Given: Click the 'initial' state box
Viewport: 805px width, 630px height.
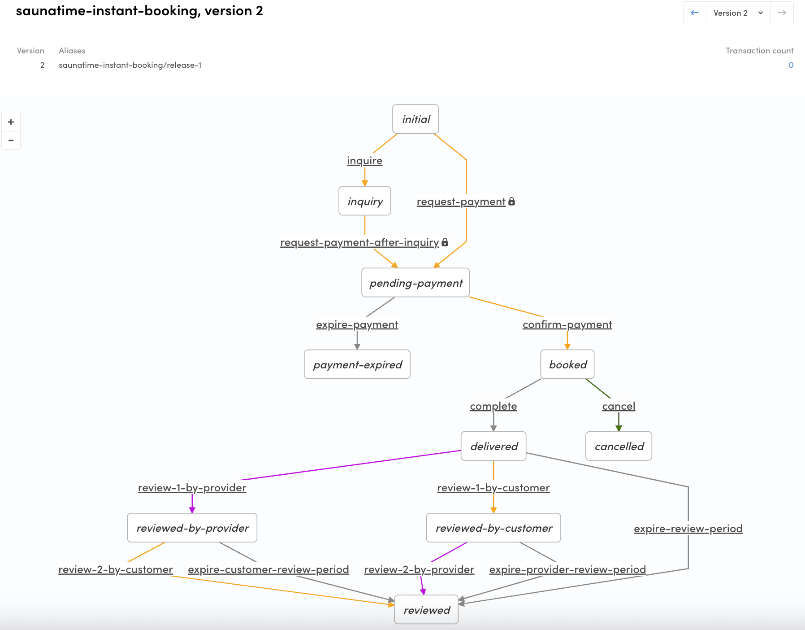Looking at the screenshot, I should (x=415, y=119).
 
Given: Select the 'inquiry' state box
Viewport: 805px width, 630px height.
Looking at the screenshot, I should (x=365, y=201).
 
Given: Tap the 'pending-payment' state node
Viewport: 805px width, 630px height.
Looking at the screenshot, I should (x=415, y=283).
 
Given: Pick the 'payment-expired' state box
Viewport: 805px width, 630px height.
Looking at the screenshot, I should (x=357, y=364).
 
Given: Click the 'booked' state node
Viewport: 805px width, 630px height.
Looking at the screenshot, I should (x=567, y=364).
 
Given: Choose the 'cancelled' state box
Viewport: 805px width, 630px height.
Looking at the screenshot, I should (x=619, y=446).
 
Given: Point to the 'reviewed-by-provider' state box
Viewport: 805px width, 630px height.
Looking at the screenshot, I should (x=192, y=528).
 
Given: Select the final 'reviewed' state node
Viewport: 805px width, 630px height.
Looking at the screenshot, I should (x=426, y=610).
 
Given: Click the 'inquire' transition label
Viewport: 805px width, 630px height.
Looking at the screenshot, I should (x=365, y=161).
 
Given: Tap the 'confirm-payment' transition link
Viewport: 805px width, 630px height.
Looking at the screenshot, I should (x=567, y=324).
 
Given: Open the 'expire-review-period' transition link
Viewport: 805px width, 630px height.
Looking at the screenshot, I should (x=688, y=529).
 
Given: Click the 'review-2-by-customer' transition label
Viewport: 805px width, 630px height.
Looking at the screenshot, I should (x=116, y=569).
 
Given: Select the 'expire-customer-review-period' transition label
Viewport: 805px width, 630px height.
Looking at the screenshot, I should (x=268, y=569).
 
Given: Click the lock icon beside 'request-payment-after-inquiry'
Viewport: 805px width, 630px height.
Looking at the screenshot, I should (x=445, y=242).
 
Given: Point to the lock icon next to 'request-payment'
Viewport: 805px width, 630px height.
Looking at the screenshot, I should (x=512, y=201).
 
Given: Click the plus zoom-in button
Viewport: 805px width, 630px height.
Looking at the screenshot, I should (x=11, y=122).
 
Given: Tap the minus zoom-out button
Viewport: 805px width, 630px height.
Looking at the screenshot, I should (x=11, y=140).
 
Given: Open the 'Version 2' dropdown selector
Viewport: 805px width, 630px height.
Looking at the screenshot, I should (x=738, y=13).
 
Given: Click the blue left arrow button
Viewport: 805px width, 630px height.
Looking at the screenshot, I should (x=695, y=13).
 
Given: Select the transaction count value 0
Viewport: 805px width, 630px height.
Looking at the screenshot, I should (x=791, y=65).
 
